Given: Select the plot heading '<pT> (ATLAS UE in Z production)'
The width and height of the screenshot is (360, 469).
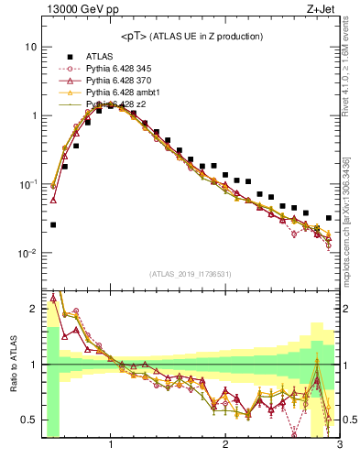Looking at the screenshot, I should pyautogui.click(x=191, y=36).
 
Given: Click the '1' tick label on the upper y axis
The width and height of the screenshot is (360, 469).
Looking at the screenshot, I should pyautogui.click(x=33, y=115).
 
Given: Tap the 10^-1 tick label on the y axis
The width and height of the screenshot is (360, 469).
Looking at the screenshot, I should pyautogui.click(x=28, y=184).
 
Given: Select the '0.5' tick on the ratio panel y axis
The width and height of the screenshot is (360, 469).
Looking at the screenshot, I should pyautogui.click(x=28, y=420).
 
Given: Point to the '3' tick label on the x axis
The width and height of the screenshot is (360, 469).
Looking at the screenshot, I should pyautogui.click(x=339, y=446).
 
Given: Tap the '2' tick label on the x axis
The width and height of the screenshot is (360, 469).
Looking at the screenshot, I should pyautogui.click(x=225, y=446).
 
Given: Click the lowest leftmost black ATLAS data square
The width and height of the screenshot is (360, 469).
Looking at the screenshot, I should pyautogui.click(x=53, y=224).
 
